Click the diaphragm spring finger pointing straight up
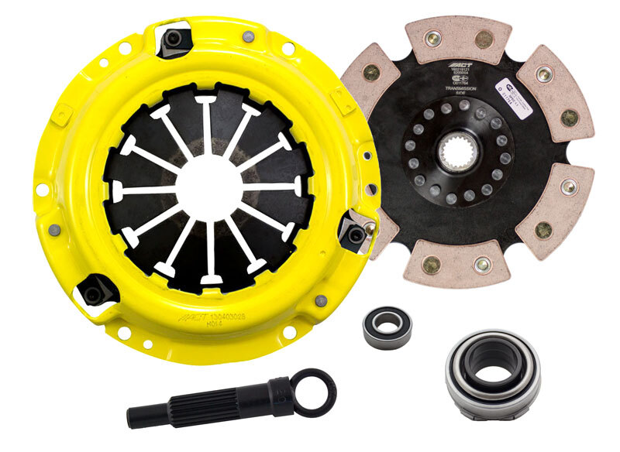(x=207, y=124)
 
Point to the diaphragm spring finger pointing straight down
(x=208, y=255)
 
